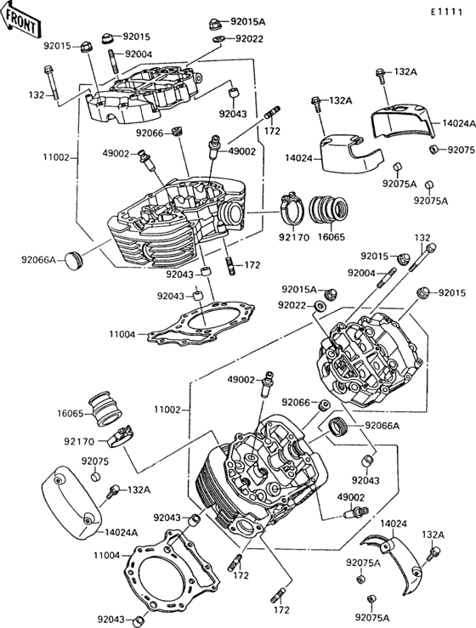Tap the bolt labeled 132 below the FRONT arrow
pyautogui.click(x=50, y=84)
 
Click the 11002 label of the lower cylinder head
pyautogui.click(x=167, y=410)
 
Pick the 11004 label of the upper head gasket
pyautogui.click(x=122, y=335)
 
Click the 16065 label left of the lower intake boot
pyautogui.click(x=73, y=413)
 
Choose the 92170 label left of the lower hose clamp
pyautogui.click(x=78, y=441)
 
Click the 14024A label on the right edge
pyautogui.click(x=459, y=123)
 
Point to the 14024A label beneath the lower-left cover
pyautogui.click(x=122, y=532)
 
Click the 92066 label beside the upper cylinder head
pyautogui.click(x=150, y=132)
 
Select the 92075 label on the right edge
pyautogui.click(x=462, y=150)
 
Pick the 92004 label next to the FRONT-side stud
pyautogui.click(x=139, y=54)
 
